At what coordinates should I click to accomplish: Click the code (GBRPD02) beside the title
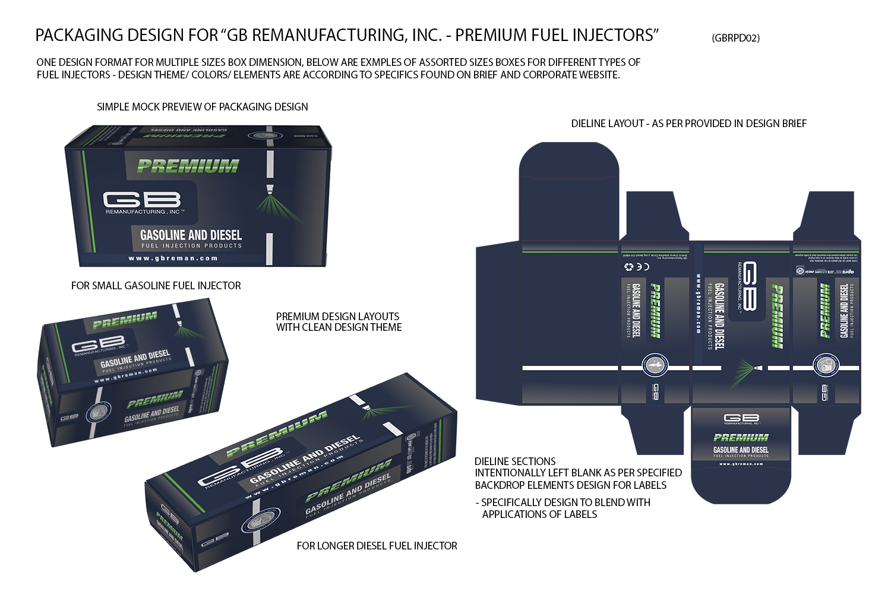tap(735, 38)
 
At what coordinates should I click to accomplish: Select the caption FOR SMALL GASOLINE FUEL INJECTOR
tap(156, 286)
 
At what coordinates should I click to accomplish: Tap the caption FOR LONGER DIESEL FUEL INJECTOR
tap(377, 546)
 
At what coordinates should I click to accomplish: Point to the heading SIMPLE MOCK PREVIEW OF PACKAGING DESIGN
tap(202, 107)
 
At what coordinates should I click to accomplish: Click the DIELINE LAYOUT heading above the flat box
tap(688, 124)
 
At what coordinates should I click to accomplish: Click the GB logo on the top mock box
tap(142, 200)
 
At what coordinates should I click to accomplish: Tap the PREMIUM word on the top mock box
tap(188, 166)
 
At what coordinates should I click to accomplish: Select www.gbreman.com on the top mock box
tap(173, 258)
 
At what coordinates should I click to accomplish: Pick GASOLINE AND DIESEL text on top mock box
tap(191, 235)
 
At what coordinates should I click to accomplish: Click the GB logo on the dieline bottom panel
tap(741, 419)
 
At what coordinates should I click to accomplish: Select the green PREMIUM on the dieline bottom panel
tap(741, 438)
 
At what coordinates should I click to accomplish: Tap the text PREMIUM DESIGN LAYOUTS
tap(337, 317)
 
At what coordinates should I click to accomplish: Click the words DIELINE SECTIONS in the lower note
tap(515, 462)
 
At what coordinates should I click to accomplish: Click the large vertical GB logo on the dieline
tap(748, 286)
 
